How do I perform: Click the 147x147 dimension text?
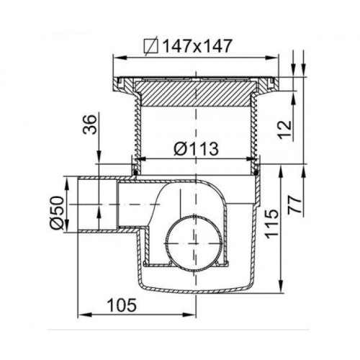click(197, 46)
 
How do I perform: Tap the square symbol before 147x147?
click(151, 46)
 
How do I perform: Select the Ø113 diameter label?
click(196, 148)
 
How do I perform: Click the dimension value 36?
click(89, 125)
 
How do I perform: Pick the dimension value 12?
click(285, 130)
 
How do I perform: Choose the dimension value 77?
click(295, 204)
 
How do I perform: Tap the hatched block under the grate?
click(196, 94)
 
